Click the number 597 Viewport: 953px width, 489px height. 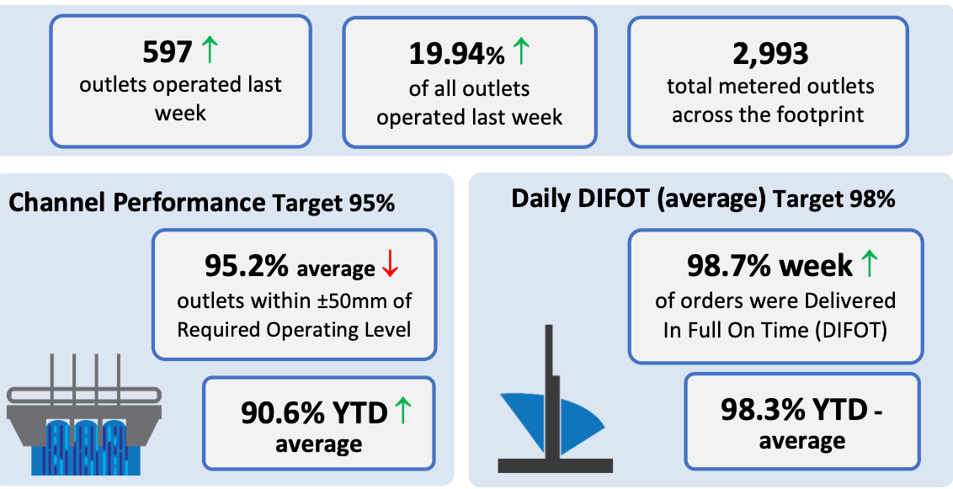pyautogui.click(x=168, y=53)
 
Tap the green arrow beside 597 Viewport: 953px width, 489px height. pyautogui.click(x=209, y=50)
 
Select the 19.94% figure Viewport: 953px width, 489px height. pyautogui.click(x=456, y=54)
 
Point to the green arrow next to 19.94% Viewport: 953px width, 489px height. pyautogui.click(x=522, y=51)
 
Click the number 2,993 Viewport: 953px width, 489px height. pyautogui.click(x=770, y=54)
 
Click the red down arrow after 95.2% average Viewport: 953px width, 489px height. pyautogui.click(x=390, y=266)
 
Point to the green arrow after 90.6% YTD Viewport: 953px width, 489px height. pyautogui.click(x=403, y=411)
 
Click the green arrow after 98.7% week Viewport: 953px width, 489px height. pyautogui.click(x=870, y=264)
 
